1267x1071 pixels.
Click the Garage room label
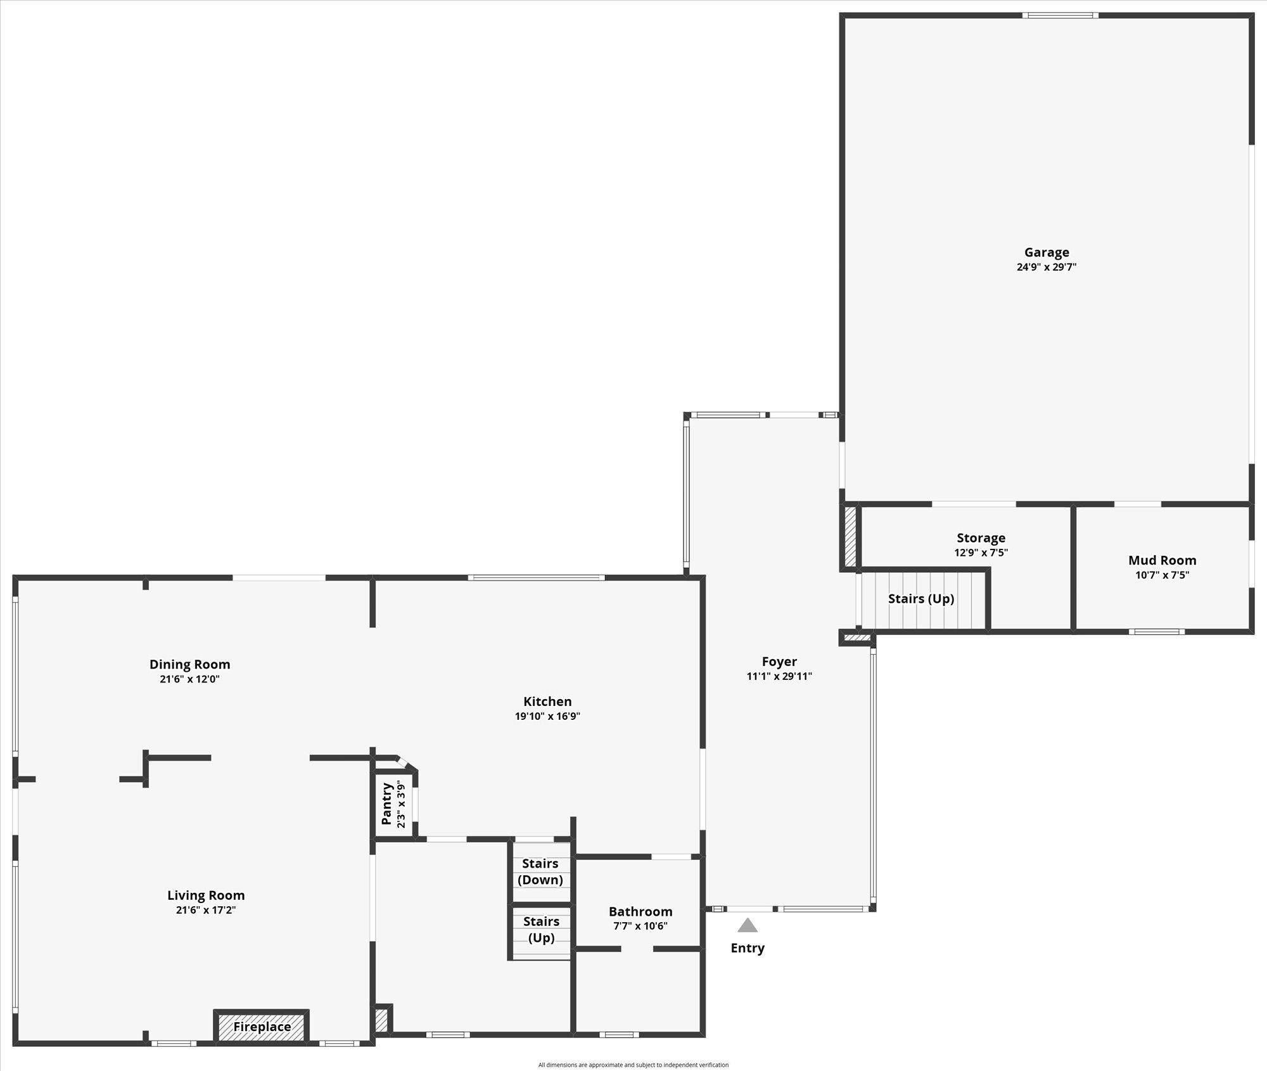[1047, 252]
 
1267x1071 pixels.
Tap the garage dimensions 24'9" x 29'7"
[1047, 267]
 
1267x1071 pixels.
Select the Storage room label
[981, 538]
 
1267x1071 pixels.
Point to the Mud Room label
[1162, 560]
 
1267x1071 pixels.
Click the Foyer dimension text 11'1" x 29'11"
[779, 676]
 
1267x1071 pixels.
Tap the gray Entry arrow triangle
[748, 926]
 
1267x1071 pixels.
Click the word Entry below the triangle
[748, 948]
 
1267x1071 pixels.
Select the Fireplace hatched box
[262, 1027]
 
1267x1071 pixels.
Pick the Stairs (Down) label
[540, 871]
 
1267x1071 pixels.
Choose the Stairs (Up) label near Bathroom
[541, 930]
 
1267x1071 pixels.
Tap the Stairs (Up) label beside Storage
[921, 599]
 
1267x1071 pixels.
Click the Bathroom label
[640, 911]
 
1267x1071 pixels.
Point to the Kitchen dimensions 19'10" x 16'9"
[547, 717]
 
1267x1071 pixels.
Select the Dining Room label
[189, 664]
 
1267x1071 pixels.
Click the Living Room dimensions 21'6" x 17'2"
[206, 910]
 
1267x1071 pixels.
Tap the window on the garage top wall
[1060, 15]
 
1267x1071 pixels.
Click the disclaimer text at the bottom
[633, 1065]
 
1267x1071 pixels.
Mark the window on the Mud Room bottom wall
[1156, 631]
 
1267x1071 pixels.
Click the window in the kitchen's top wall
[536, 577]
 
